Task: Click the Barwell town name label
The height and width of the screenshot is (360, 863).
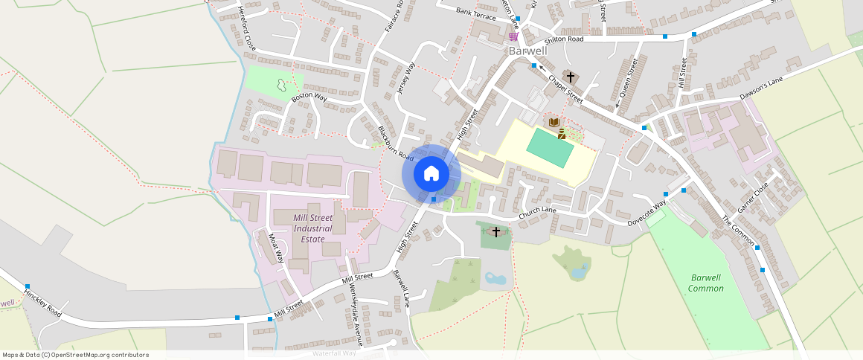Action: click(x=527, y=51)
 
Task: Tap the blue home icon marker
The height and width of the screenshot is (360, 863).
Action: click(x=431, y=174)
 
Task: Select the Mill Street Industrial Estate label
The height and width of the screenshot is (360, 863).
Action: click(x=312, y=228)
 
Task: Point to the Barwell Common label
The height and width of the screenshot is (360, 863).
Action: click(x=705, y=283)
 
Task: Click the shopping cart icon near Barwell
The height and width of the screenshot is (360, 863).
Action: click(x=513, y=36)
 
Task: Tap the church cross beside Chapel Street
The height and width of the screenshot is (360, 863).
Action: click(x=571, y=77)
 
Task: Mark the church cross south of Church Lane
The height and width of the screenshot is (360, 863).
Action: click(x=496, y=232)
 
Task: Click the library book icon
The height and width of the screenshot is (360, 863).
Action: click(x=553, y=122)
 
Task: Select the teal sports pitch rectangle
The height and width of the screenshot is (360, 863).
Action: click(x=551, y=147)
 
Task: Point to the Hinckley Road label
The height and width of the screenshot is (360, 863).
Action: click(x=42, y=300)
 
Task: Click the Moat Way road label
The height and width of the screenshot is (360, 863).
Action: click(x=276, y=248)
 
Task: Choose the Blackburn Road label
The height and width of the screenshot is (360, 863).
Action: click(x=395, y=143)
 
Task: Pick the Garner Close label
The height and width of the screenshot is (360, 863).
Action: click(x=751, y=199)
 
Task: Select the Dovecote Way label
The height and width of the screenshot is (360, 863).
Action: click(x=647, y=213)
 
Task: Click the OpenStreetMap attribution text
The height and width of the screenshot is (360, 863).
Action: click(x=76, y=355)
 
